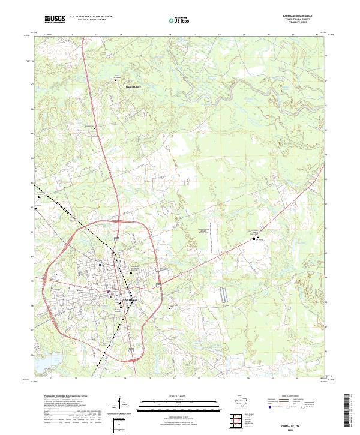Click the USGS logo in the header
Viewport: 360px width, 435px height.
point(55,19)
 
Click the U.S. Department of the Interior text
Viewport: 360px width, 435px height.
point(91,17)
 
